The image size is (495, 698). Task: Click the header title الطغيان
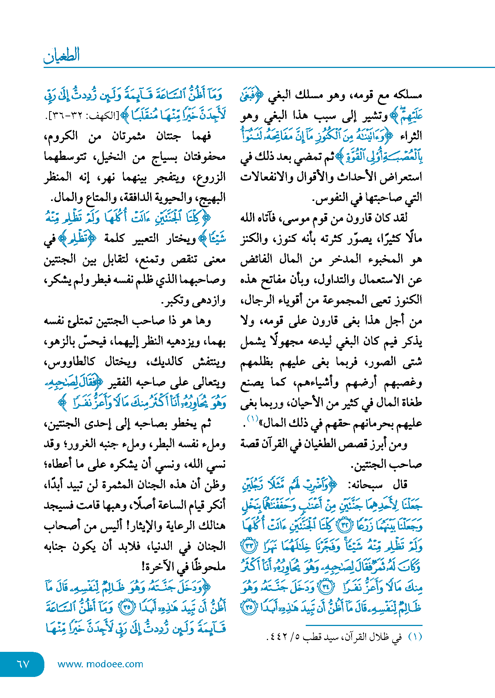62,55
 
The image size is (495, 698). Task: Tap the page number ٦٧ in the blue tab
23,664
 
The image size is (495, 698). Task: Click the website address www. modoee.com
100,664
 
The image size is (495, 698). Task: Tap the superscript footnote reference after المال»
252,418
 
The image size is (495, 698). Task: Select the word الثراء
410,136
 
